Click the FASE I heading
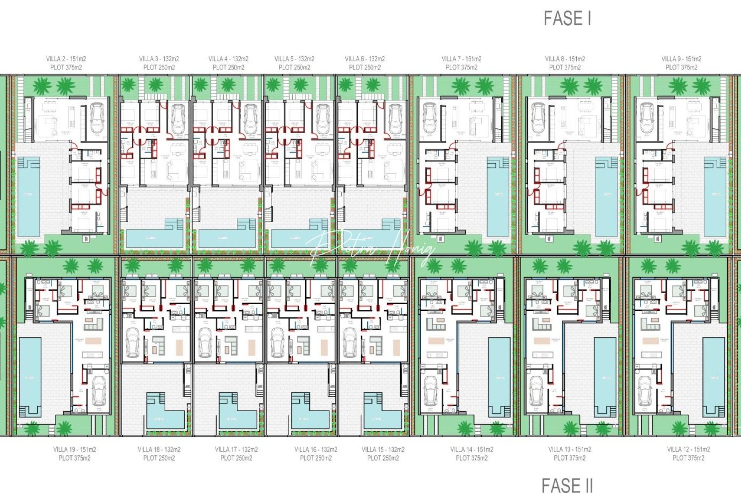coord(567,18)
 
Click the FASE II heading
coord(567,485)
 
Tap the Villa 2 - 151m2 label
coord(66,59)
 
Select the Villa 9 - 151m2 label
coord(681,59)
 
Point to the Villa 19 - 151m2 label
coord(75,449)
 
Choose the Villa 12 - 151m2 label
coord(688,449)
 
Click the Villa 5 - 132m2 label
coord(294,59)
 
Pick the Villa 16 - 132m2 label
coord(316,449)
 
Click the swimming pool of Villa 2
coord(28,197)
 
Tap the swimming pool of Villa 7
coord(498,197)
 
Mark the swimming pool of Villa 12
coord(714,377)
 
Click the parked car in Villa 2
coord(97,118)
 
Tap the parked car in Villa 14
coord(430,391)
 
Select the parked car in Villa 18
coord(133,343)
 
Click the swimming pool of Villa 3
coord(153,238)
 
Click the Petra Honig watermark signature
coord(370,249)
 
